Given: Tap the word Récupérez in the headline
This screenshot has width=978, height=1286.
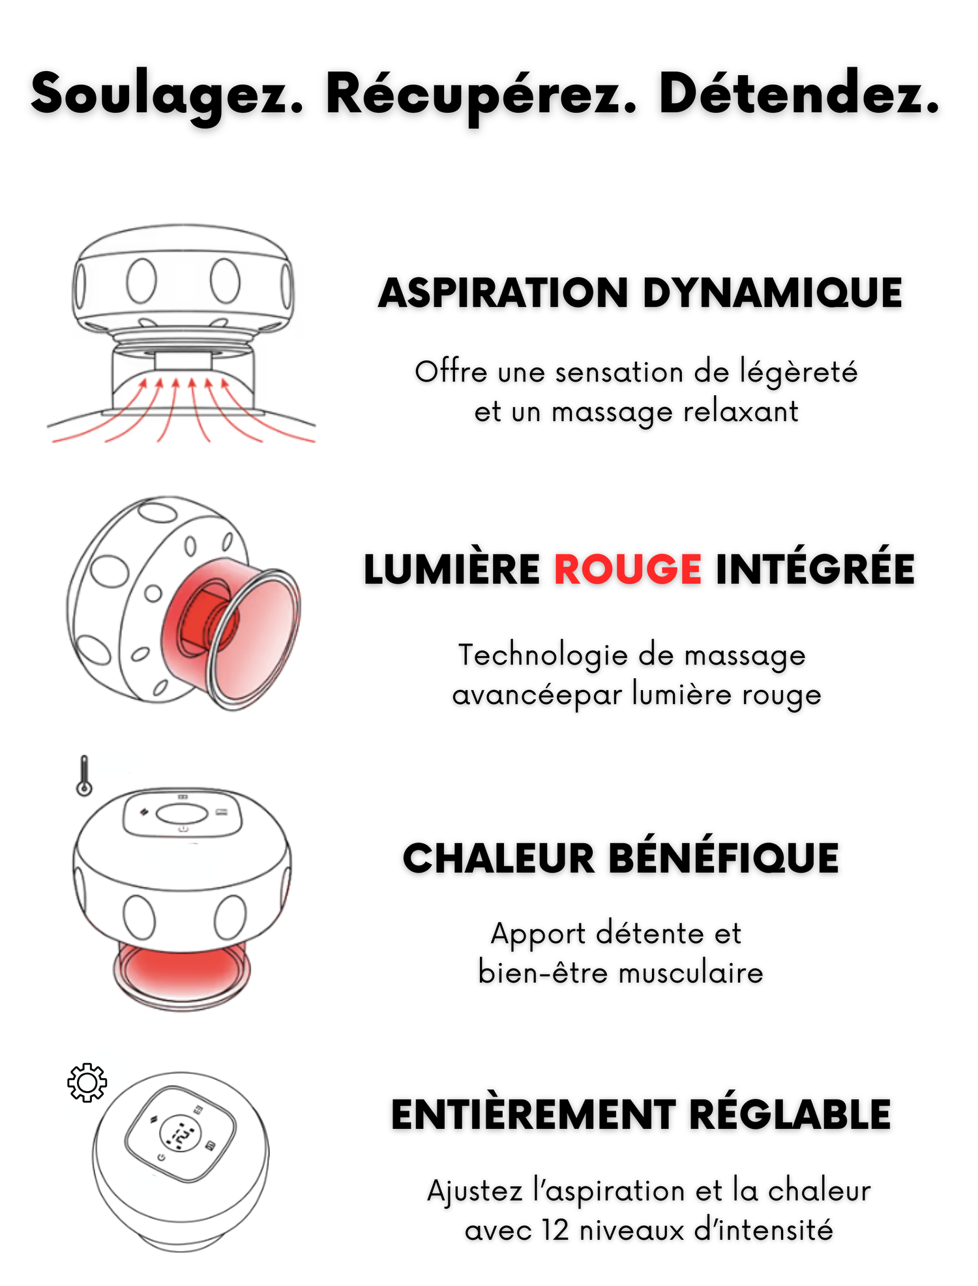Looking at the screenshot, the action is pyautogui.click(x=481, y=95).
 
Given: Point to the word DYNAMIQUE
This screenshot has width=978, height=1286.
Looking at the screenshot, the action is pyautogui.click(x=773, y=293).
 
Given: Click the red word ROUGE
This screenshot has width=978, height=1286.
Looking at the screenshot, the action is pyautogui.click(x=628, y=569).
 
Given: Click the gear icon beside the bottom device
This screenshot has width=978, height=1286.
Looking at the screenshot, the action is pyautogui.click(x=87, y=1083).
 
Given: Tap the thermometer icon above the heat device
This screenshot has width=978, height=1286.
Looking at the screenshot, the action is pyautogui.click(x=84, y=776).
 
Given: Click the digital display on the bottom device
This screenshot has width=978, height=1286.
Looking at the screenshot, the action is pyautogui.click(x=181, y=1135).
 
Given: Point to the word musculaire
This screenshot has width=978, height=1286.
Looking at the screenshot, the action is pyautogui.click(x=690, y=974).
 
